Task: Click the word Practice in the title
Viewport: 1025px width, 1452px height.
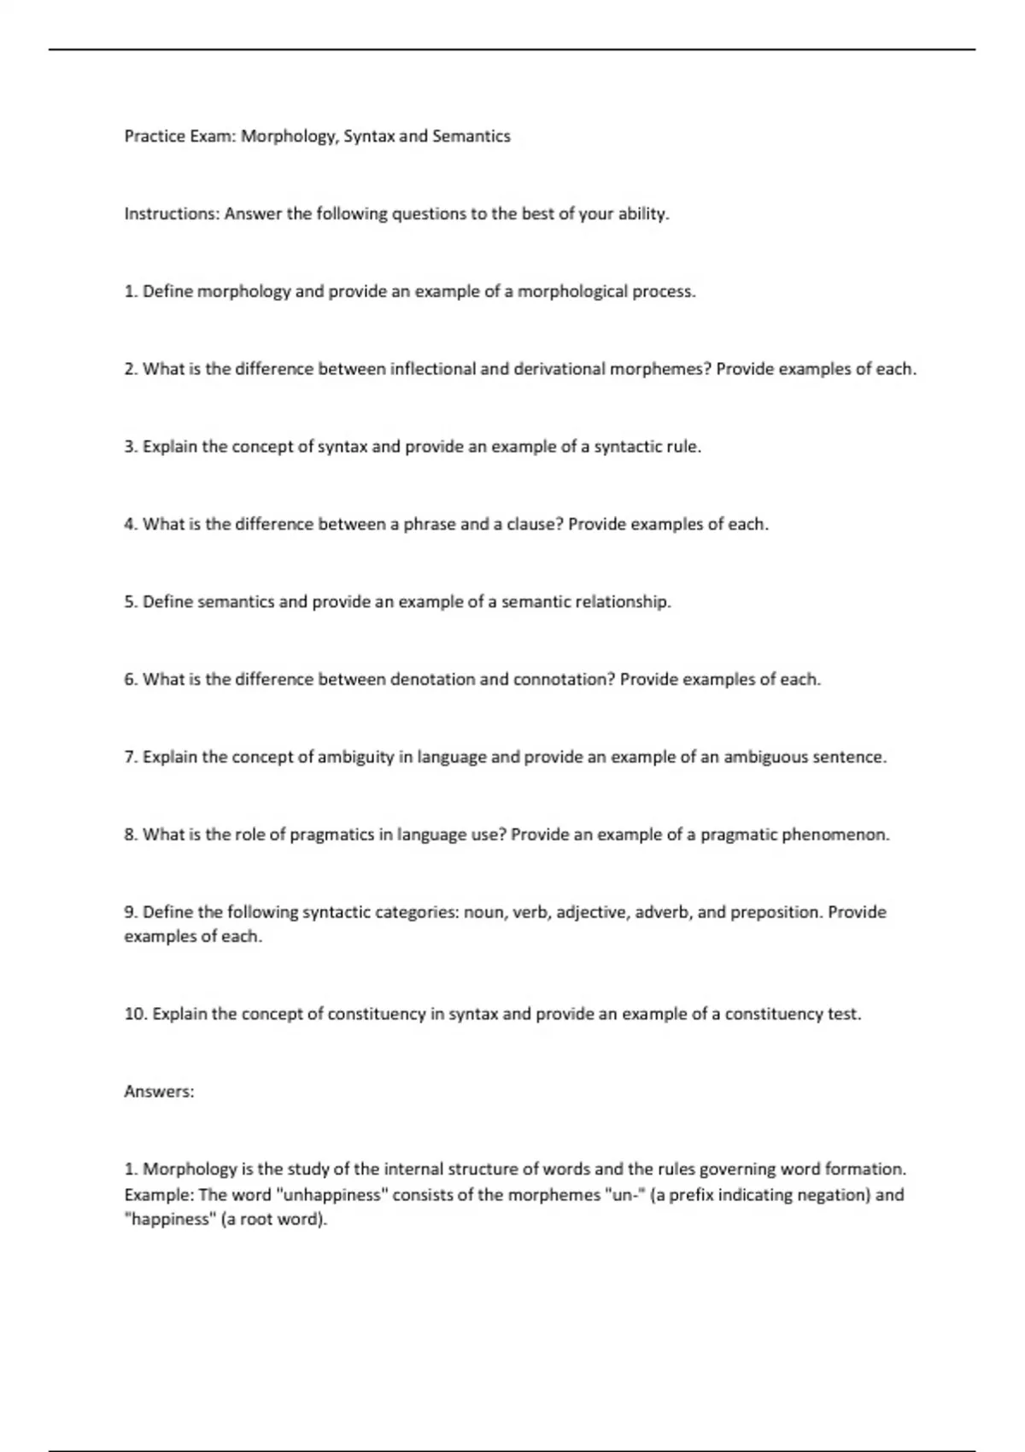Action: [x=153, y=137]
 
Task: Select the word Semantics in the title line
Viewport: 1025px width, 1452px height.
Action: [x=471, y=137]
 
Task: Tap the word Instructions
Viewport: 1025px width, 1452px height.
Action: [x=172, y=214]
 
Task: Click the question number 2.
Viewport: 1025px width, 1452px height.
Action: [x=130, y=369]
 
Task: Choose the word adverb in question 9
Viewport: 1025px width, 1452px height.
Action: [x=663, y=912]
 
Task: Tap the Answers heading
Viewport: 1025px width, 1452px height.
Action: [x=159, y=1092]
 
